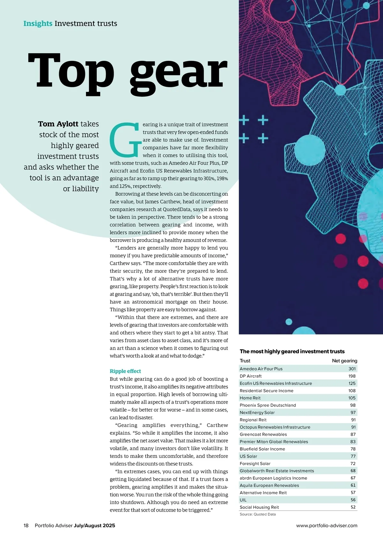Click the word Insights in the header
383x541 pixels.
(x=38, y=24)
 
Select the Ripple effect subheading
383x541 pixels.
(x=125, y=371)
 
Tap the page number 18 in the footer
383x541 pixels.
(x=26, y=525)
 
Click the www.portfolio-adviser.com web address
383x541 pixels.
(x=327, y=525)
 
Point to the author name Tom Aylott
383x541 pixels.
(x=58, y=124)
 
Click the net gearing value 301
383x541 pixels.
(x=352, y=369)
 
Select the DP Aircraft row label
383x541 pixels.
(x=251, y=376)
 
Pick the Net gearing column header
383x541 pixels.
(x=344, y=361)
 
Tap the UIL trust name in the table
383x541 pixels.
(x=243, y=500)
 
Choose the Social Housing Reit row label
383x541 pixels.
(x=259, y=507)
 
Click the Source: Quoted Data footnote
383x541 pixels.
(x=258, y=514)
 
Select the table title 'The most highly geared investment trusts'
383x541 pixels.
(x=292, y=351)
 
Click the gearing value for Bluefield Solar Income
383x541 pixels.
(x=353, y=449)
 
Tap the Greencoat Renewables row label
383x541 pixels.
(x=263, y=434)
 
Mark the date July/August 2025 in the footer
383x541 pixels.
(x=94, y=525)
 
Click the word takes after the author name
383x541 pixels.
(x=90, y=124)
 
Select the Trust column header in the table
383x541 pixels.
(x=245, y=361)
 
